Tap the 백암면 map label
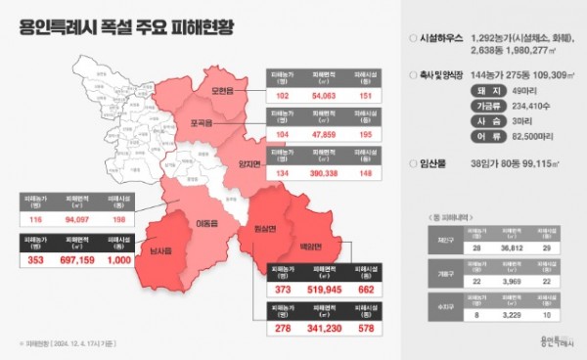point(310,246)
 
